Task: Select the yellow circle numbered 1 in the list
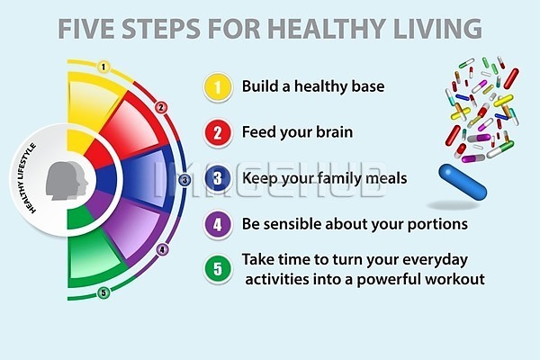point(217,86)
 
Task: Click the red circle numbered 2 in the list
point(217,132)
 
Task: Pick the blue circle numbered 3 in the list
point(217,178)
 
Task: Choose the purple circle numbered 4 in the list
point(217,224)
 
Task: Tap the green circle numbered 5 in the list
point(217,269)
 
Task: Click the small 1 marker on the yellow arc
point(103,67)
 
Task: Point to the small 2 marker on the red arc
point(161,107)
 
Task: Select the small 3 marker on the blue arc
point(184,180)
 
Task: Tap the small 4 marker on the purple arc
point(163,249)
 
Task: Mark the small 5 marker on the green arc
point(103,293)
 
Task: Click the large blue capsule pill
point(463,182)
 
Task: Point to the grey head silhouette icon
point(67,180)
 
